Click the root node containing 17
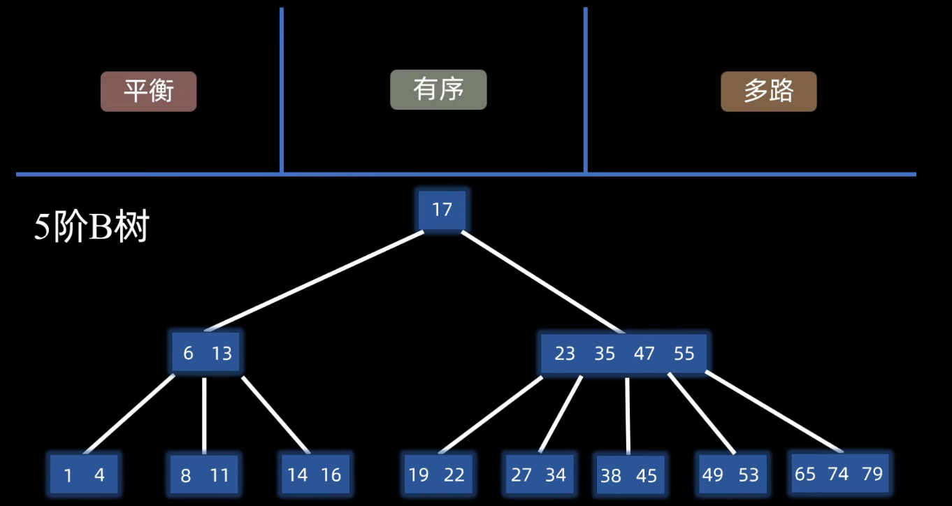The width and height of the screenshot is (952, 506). coord(442,210)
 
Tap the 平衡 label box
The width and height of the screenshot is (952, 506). coord(148,91)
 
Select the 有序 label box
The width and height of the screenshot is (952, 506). coord(438,89)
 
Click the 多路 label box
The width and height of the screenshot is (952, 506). coord(768,91)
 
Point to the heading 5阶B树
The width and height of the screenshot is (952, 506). coord(92,228)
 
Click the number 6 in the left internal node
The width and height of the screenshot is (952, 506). coord(188,354)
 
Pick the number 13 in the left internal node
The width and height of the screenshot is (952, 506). coord(222,354)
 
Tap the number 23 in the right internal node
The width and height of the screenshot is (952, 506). coord(564,354)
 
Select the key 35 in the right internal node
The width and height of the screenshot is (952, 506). coord(605,354)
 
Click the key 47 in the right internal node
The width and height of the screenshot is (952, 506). coord(644,354)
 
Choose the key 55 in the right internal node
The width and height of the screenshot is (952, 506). coord(684,354)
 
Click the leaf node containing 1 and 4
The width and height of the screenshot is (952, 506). coord(84,475)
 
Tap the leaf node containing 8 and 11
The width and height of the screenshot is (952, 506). coord(204,475)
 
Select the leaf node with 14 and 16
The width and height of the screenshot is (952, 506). coord(315,475)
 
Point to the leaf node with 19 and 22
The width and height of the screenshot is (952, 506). coord(438,475)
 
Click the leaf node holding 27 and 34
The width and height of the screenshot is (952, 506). coord(538,475)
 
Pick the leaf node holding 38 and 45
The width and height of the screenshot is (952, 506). coord(628,475)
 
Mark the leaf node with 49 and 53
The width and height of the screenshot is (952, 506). coord(730,475)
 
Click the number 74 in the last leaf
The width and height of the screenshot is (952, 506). coord(838,474)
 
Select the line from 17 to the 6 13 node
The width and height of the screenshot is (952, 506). coord(315,281)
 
